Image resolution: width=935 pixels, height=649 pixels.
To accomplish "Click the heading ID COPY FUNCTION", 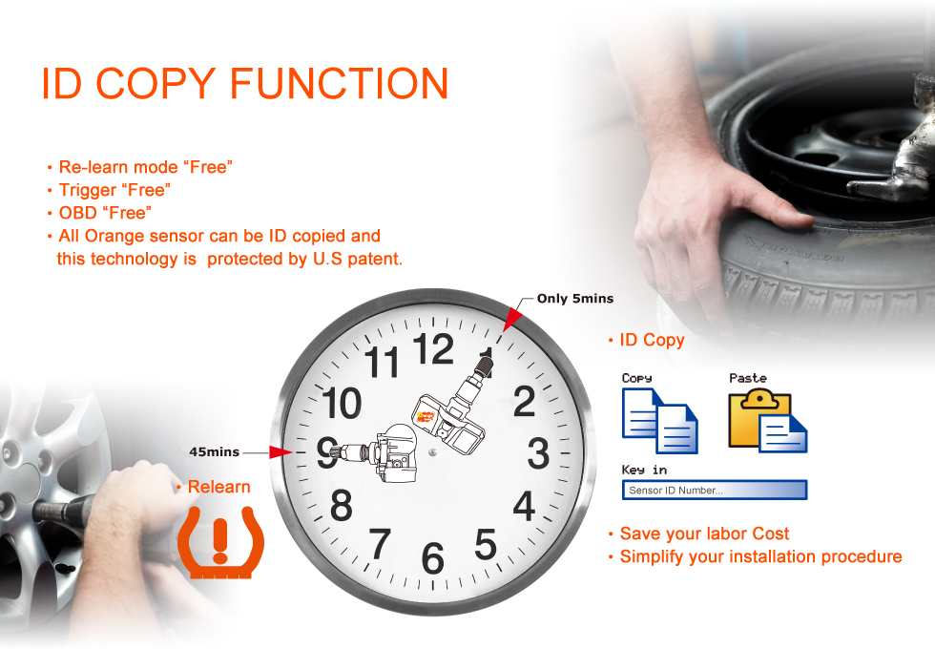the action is (x=244, y=84).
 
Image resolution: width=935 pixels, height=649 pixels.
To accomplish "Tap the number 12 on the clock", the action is (x=433, y=349).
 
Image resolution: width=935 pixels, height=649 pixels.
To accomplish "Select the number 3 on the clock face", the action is (x=538, y=453).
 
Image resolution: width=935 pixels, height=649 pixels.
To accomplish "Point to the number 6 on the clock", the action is (x=433, y=558).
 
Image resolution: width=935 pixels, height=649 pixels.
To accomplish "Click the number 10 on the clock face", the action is (x=342, y=403).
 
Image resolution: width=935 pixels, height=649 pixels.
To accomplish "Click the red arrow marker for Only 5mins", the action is (x=511, y=319).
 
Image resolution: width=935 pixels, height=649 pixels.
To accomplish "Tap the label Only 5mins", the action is (x=574, y=298).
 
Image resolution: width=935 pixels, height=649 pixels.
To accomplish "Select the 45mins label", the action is (x=214, y=452).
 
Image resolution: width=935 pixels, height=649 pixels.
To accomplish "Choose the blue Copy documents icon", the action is (x=659, y=421).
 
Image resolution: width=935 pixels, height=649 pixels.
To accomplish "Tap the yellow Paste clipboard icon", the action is (x=768, y=421).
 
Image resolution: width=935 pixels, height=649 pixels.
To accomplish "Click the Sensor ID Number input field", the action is (x=715, y=490).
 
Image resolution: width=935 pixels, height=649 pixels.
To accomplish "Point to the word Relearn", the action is (x=218, y=487).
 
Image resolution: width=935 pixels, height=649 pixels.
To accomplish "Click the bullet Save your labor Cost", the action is (x=698, y=534).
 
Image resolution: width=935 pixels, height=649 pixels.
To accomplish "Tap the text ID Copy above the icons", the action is (x=652, y=340).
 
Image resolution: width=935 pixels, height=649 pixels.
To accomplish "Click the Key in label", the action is (x=644, y=470).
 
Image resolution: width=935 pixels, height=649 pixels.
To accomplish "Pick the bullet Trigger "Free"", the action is (x=109, y=190).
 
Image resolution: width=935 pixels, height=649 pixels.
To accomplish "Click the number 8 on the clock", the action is (x=342, y=505).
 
